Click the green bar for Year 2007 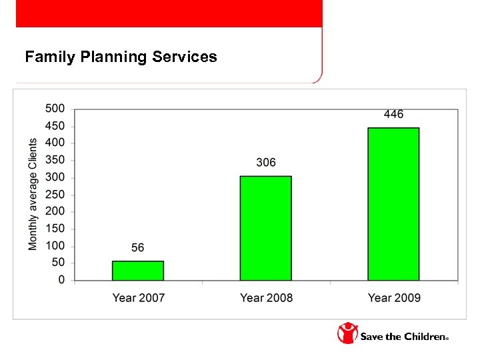(x=137, y=271)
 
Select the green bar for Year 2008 (x=265, y=228)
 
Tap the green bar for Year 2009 (x=393, y=204)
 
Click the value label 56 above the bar (x=137, y=248)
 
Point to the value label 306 (x=265, y=163)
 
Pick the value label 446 (x=393, y=115)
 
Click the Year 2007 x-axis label (x=138, y=298)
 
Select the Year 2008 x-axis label (x=266, y=298)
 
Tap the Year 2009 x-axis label (x=394, y=298)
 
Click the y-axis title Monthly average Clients (x=33, y=195)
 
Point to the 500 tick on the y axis (x=55, y=108)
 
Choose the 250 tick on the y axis (x=55, y=195)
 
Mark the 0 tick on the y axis (x=61, y=281)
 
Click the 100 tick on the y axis (x=55, y=246)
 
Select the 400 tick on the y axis (x=55, y=143)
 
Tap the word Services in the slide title (x=185, y=57)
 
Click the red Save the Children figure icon (x=347, y=333)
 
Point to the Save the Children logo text (x=403, y=337)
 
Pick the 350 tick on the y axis (x=55, y=160)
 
